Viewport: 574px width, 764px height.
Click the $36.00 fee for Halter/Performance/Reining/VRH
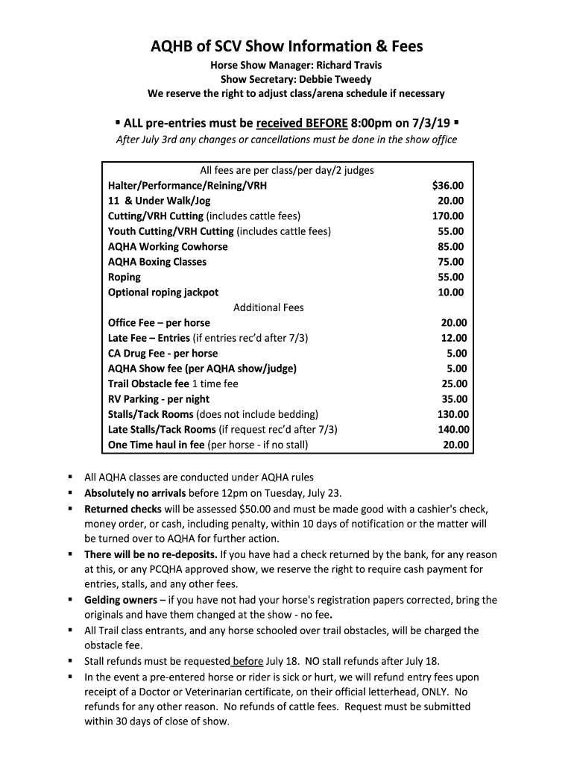coord(447,185)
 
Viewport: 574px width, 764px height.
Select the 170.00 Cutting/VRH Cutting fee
coord(449,216)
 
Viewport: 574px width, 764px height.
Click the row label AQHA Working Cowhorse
coord(168,246)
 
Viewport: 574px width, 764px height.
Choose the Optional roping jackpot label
coord(163,292)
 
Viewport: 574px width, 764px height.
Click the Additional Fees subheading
coord(268,307)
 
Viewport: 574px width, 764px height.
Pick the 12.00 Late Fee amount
coord(453,338)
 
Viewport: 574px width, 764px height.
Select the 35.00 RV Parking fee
coord(453,399)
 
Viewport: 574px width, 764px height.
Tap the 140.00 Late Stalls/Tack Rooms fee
coord(452,430)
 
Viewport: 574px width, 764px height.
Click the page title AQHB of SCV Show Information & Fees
coord(287,46)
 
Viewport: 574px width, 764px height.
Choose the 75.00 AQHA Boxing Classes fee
coord(451,262)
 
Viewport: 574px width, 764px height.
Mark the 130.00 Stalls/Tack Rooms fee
coord(452,414)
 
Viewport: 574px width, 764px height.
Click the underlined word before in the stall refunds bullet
coord(247,660)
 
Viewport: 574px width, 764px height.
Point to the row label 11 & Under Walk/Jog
coord(159,201)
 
